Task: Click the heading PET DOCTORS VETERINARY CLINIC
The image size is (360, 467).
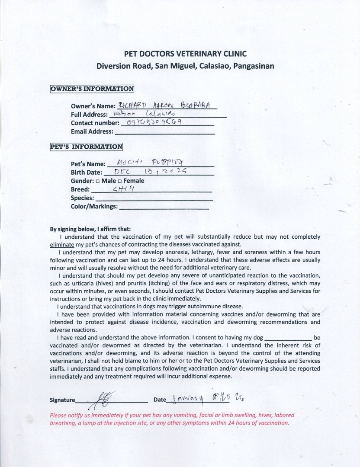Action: click(x=185, y=54)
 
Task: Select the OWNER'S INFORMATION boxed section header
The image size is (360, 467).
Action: click(x=92, y=89)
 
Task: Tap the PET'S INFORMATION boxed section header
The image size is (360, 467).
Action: click(x=87, y=147)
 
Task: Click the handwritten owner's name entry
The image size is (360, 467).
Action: click(x=167, y=106)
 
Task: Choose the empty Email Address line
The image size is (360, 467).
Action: click(x=164, y=132)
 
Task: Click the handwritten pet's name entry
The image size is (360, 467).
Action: click(x=151, y=163)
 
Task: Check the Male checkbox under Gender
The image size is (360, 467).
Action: click(x=98, y=181)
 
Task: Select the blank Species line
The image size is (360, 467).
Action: click(x=154, y=198)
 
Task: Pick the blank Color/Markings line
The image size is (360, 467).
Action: click(x=164, y=207)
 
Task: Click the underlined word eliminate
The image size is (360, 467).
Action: click(x=62, y=244)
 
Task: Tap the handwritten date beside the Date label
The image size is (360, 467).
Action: click(x=210, y=398)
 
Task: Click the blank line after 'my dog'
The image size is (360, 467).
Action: click(x=288, y=338)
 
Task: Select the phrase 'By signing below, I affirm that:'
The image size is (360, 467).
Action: click(x=90, y=229)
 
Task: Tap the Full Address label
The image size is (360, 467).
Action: click(x=89, y=115)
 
